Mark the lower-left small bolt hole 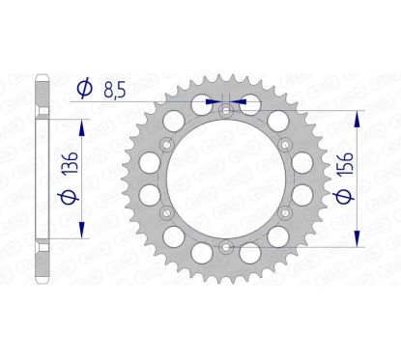point(168,212)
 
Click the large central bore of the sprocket point(225,180)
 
